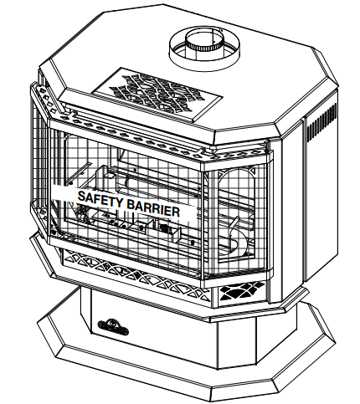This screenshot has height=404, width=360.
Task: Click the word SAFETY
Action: click(100, 199)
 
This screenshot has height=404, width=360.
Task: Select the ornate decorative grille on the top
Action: click(157, 94)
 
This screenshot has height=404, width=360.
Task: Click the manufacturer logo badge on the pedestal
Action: click(113, 328)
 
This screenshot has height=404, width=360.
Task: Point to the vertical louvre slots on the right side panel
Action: click(321, 123)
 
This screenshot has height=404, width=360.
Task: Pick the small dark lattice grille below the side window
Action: click(241, 291)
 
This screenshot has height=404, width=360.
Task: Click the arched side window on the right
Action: click(237, 216)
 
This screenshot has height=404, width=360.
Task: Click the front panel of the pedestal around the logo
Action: click(151, 329)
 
